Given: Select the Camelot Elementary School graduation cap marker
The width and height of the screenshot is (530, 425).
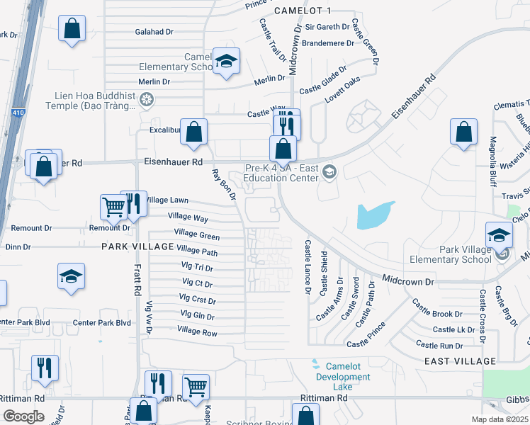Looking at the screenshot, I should [x=227, y=62].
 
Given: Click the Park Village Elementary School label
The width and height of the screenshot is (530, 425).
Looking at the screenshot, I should [x=465, y=254].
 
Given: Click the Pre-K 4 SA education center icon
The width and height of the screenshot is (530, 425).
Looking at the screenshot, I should [x=329, y=171].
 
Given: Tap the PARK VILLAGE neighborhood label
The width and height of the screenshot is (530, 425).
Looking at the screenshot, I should [x=137, y=246].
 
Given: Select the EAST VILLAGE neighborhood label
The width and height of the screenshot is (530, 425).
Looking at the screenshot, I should [x=461, y=361].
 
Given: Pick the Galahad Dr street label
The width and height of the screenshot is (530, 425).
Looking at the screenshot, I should [x=154, y=32].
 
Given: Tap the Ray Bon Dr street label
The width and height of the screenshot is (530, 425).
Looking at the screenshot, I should [x=222, y=184].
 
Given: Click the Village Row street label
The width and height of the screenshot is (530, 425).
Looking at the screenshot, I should [x=197, y=331].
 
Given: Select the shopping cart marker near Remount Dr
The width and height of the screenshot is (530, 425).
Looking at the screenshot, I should [x=113, y=207].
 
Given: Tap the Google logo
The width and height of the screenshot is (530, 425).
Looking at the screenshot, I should [x=24, y=416].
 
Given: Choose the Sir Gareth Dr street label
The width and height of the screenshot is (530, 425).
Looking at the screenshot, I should [x=327, y=27].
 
